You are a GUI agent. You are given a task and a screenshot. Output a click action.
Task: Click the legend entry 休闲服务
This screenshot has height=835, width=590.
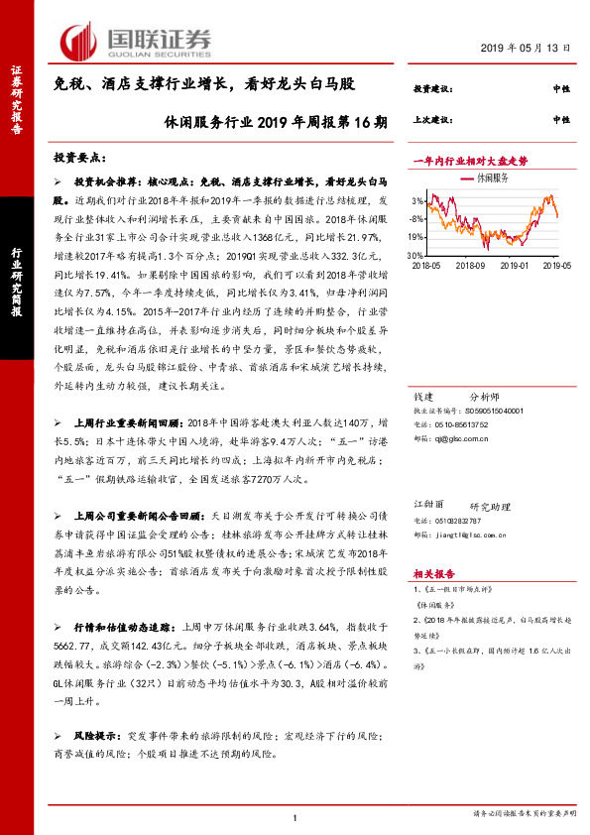[x=492, y=178]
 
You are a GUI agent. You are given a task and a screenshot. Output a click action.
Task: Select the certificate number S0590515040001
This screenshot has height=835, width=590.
[x=490, y=409]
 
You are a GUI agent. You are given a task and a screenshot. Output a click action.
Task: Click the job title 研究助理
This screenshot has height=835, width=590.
[x=488, y=506]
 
